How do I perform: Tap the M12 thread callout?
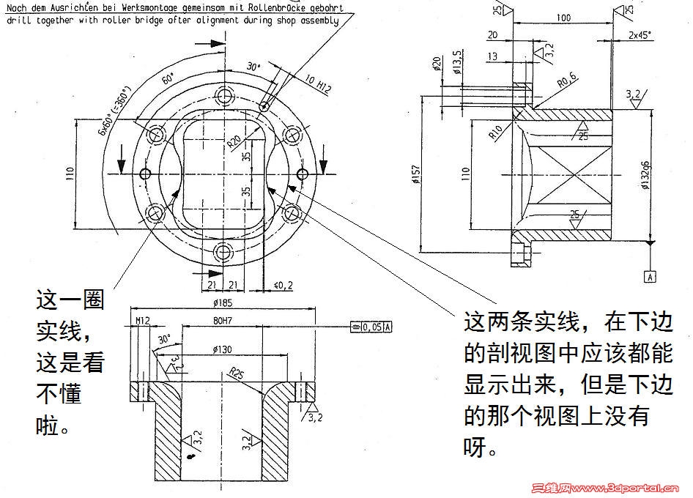click(x=142, y=320)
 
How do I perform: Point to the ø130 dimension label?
click(x=224, y=349)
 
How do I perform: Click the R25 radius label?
click(x=236, y=374)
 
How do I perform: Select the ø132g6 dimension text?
click(x=645, y=175)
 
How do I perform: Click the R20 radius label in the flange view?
click(x=234, y=140)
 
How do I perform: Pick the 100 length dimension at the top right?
click(x=563, y=17)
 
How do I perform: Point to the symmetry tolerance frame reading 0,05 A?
click(x=371, y=327)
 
